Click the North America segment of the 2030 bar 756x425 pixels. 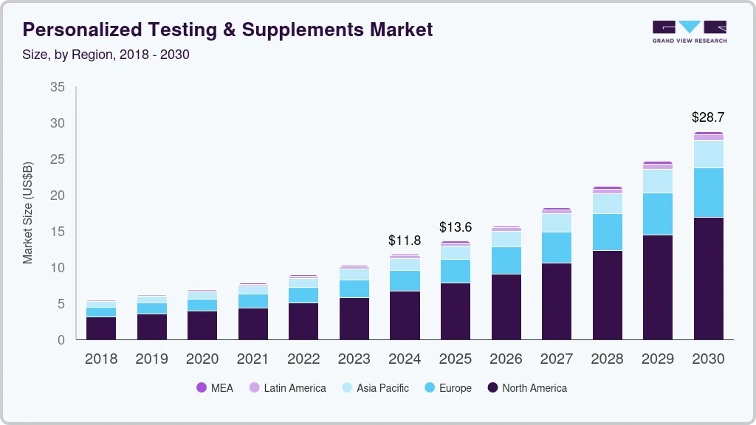[x=708, y=278]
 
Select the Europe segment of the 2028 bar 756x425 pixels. [x=607, y=232]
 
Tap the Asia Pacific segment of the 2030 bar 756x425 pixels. [x=708, y=154]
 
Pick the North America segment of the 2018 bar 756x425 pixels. [x=101, y=328]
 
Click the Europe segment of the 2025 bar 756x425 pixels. [x=455, y=271]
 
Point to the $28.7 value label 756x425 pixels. [x=708, y=117]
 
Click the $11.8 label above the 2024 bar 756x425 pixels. [x=405, y=240]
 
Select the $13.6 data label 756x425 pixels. [x=455, y=227]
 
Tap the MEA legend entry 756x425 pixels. [x=215, y=387]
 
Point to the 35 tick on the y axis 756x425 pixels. [x=58, y=87]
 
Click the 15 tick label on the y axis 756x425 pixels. [x=58, y=232]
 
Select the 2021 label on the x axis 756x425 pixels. [x=252, y=359]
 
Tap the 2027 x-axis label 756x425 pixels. [x=556, y=359]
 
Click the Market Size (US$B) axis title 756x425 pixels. [x=28, y=212]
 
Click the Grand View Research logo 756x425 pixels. [x=689, y=32]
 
